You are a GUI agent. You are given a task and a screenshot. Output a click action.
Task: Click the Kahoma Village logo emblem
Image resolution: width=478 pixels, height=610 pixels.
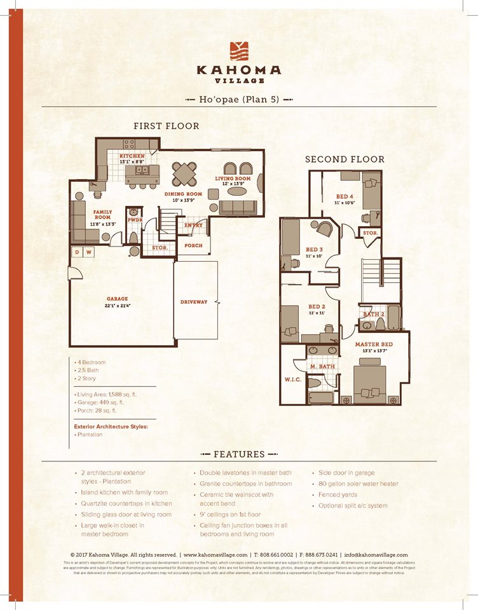[239, 50]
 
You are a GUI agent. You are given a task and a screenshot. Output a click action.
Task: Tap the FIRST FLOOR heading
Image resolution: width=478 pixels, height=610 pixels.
[166, 126]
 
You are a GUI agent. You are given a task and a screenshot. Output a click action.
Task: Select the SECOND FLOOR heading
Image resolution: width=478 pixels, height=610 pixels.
[345, 159]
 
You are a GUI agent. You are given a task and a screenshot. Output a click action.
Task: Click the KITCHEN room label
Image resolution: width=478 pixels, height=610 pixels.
[132, 156]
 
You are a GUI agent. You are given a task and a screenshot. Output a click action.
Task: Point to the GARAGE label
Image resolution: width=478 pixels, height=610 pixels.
[118, 299]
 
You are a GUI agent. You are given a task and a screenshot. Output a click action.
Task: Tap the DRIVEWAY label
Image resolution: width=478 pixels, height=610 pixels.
[194, 302]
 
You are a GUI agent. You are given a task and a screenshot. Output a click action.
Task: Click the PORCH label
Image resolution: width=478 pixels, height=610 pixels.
[193, 245]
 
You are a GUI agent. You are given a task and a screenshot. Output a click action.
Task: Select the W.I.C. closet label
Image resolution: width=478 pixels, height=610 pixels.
[293, 379]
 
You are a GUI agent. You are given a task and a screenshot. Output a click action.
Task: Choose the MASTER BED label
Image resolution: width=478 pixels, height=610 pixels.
[374, 344]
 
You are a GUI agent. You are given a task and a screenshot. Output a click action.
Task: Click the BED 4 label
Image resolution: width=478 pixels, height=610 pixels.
[344, 196]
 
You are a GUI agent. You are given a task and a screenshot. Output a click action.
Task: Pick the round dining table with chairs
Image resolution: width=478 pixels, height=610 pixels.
[184, 173]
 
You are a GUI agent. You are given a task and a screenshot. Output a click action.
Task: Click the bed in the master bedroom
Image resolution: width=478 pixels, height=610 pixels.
[370, 381]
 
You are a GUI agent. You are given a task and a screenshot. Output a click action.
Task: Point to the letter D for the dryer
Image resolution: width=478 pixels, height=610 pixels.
[78, 253]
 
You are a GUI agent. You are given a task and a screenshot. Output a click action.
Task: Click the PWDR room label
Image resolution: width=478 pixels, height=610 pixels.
[134, 220]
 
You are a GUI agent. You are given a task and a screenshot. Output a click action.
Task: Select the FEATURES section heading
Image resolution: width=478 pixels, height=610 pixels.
[239, 454]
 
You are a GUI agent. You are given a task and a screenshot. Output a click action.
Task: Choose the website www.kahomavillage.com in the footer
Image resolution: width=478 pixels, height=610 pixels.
[215, 555]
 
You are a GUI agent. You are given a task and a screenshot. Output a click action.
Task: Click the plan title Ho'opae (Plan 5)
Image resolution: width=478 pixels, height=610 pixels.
[239, 99]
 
